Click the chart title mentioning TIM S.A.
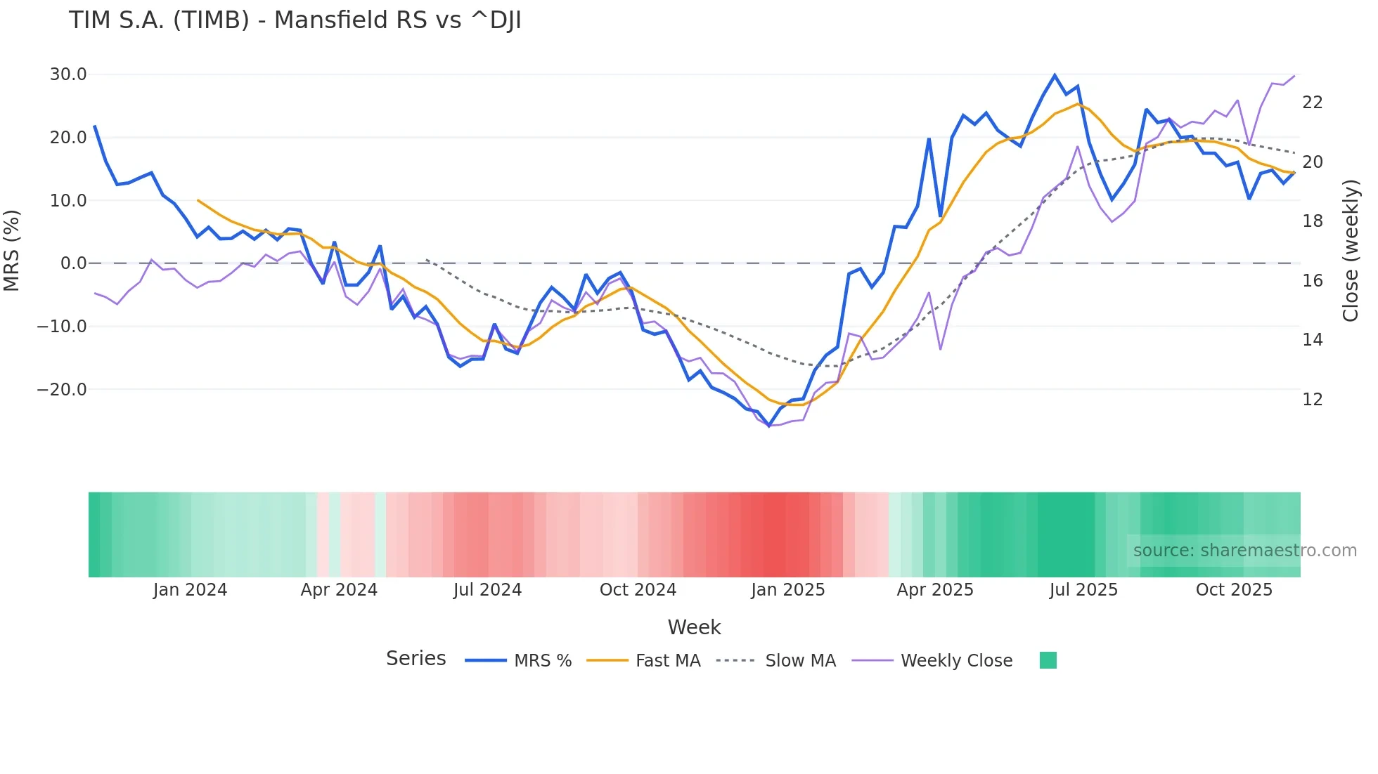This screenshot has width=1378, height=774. click(x=295, y=20)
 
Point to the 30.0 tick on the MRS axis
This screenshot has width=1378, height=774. click(x=68, y=74)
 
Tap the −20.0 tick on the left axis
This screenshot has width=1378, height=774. click(x=62, y=389)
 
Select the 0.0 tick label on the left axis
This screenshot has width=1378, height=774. click(x=73, y=263)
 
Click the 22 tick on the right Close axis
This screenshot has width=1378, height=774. click(x=1312, y=103)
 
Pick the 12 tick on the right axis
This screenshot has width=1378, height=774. click(x=1312, y=399)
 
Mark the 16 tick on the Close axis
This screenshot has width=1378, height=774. click(x=1312, y=281)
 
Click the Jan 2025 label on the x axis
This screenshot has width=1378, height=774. click(x=787, y=590)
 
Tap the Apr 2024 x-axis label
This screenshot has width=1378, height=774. click(x=339, y=590)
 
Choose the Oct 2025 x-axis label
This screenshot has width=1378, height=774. click(x=1234, y=590)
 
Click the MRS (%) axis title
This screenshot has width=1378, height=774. click(x=12, y=250)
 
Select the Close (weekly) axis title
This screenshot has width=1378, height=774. click(x=1350, y=251)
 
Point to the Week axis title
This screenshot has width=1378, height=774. click(x=694, y=627)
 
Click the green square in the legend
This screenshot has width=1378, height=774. click(x=1048, y=660)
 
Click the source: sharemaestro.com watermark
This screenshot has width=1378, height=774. click(x=1244, y=551)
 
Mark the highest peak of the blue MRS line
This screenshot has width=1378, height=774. click(x=1055, y=75)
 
